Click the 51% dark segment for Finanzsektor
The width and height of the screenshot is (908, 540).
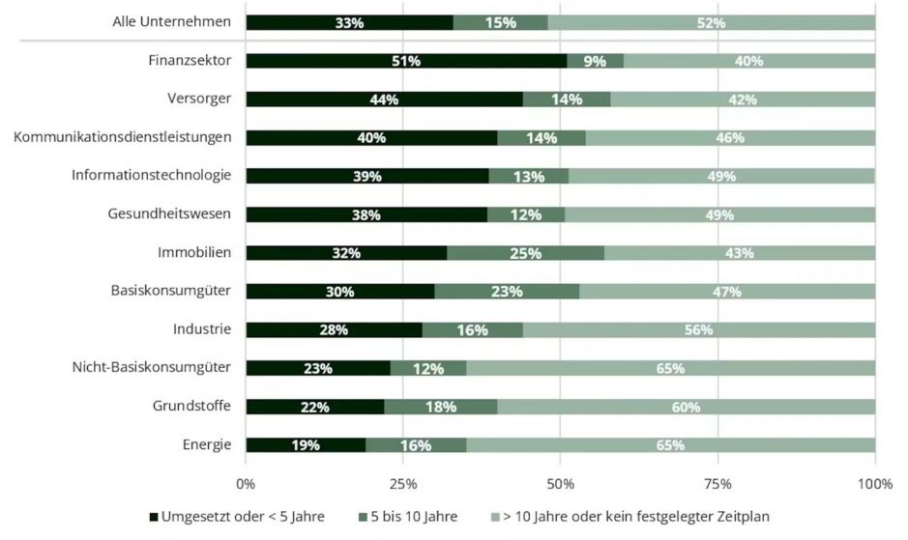(x=406, y=61)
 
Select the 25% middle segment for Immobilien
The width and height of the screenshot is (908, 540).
(x=525, y=253)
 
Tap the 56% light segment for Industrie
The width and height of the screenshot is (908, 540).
(x=698, y=329)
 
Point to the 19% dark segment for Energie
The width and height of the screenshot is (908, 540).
(x=306, y=444)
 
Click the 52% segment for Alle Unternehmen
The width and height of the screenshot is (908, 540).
(x=711, y=22)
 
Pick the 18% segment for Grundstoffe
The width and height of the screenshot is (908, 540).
(x=440, y=407)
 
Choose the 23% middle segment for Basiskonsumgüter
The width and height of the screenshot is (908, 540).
(x=507, y=292)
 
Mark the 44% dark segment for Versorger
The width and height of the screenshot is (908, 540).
(x=384, y=99)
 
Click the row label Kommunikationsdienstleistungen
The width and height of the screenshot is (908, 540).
(x=123, y=137)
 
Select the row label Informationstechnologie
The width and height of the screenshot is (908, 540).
(x=151, y=175)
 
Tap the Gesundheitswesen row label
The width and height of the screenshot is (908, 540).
(x=169, y=213)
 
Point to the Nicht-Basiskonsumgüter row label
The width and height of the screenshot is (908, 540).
(x=152, y=367)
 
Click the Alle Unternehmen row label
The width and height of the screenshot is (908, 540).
(x=171, y=21)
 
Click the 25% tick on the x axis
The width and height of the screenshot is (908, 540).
(x=403, y=483)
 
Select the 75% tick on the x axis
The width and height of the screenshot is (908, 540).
(x=718, y=483)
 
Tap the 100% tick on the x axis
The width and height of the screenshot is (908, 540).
(x=874, y=483)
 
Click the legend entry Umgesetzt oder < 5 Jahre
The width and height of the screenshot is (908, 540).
(x=237, y=517)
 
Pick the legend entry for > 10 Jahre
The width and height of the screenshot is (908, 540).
(x=634, y=517)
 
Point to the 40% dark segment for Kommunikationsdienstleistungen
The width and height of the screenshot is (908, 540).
(x=371, y=137)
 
